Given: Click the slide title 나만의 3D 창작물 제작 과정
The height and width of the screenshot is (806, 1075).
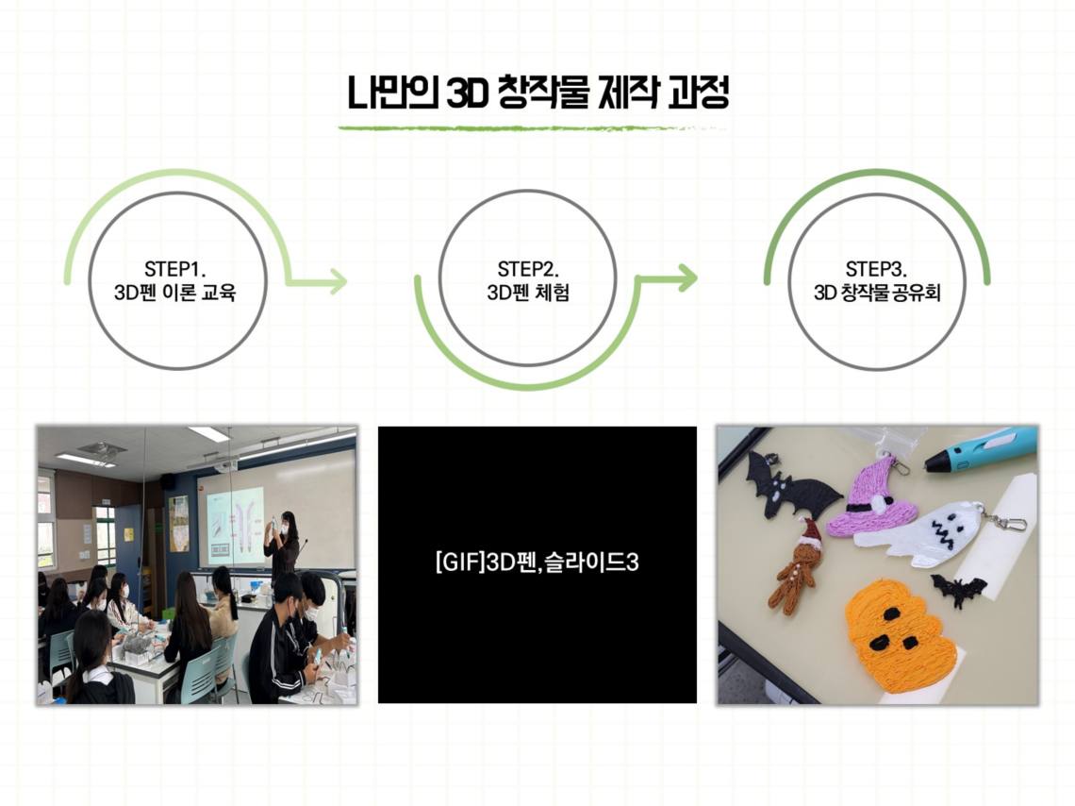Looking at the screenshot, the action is (537, 93).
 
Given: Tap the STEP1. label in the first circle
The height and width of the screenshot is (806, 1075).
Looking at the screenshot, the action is (175, 268).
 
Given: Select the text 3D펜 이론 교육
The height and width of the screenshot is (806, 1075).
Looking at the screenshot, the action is (175, 293).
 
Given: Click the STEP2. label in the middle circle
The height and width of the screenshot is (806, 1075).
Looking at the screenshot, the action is (528, 268).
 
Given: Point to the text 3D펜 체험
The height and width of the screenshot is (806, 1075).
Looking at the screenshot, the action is (528, 293).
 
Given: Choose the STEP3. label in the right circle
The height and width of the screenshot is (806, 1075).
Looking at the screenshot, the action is (876, 268).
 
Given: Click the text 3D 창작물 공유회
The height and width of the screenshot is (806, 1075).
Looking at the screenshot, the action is (877, 293).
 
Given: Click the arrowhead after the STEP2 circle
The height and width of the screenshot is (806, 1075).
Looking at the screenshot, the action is (687, 277).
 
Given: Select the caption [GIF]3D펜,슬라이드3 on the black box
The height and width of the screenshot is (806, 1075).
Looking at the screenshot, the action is (537, 563).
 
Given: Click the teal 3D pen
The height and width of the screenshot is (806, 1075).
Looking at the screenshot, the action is (981, 450).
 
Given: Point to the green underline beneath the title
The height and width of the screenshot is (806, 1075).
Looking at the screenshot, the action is (532, 127).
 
